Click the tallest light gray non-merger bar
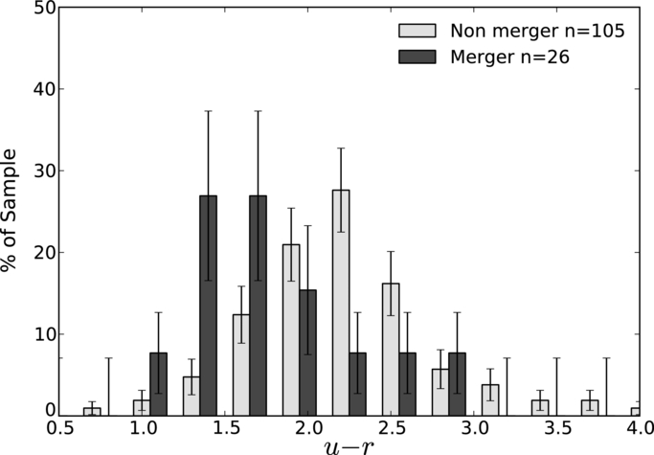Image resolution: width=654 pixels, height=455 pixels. click(341, 303)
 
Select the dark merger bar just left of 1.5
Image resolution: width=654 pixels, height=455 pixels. click(208, 306)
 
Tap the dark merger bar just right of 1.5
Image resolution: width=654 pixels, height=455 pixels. click(259, 306)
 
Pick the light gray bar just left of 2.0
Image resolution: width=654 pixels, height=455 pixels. click(291, 330)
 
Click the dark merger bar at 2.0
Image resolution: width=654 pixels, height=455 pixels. click(307, 353)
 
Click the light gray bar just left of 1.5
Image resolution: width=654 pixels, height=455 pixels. click(192, 397)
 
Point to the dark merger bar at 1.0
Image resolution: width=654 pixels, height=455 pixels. click(159, 384)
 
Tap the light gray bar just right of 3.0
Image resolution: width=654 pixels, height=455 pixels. click(490, 399)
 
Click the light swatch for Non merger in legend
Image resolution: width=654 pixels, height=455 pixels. click(417, 31)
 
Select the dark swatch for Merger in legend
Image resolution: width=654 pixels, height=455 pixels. click(417, 57)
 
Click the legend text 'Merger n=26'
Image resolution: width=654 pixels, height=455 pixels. click(509, 57)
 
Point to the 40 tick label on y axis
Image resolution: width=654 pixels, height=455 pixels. click(43, 89)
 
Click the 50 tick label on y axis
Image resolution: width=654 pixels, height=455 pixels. click(43, 9)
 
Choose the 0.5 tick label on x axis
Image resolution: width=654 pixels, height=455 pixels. click(58, 429)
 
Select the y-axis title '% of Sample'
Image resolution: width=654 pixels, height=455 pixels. click(10, 211)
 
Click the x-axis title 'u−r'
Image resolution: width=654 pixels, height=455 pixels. click(349, 446)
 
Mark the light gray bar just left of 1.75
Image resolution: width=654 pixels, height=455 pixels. click(241, 365)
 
